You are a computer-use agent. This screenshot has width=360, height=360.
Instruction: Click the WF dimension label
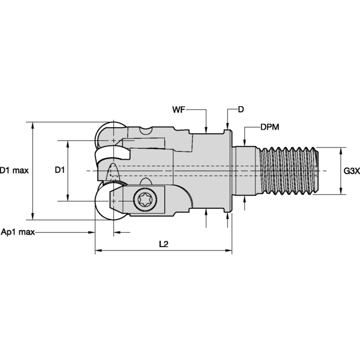coord(179,110)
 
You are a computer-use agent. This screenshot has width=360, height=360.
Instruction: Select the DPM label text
coord(269,128)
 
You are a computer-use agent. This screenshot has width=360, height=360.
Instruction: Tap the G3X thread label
coord(351,171)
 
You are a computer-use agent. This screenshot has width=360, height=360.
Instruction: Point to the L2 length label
coord(163,245)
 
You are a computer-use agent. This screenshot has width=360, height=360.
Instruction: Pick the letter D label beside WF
coord(241,110)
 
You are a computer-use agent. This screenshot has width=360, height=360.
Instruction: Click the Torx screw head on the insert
coord(146,200)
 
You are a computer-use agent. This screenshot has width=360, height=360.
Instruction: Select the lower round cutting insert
coord(108,204)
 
